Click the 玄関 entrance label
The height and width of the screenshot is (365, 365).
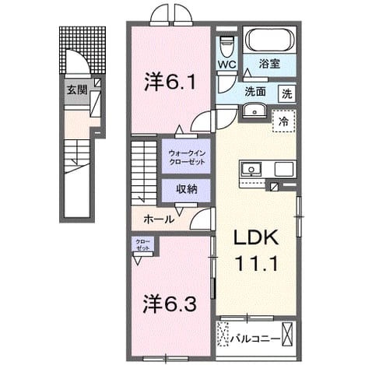[x=77, y=90]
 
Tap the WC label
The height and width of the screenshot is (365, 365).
[x=226, y=65]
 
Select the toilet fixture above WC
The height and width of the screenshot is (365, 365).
[x=227, y=46]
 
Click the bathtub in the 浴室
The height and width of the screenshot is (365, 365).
[x=270, y=40]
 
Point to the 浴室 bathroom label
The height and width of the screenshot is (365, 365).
[x=270, y=64]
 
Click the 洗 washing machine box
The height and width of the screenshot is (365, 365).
[x=287, y=93]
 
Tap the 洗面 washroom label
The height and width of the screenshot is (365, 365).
[x=255, y=92]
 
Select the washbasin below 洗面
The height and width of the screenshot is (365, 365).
[x=254, y=111]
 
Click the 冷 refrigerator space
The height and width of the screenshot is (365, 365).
[x=283, y=121]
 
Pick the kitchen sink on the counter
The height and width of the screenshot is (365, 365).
[x=251, y=169]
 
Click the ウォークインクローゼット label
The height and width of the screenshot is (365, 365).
[x=187, y=157]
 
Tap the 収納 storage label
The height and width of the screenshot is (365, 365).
[x=187, y=189]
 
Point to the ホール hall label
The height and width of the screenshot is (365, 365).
[x=159, y=219]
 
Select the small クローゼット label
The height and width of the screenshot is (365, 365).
[x=142, y=245]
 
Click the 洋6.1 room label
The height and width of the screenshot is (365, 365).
[x=170, y=81]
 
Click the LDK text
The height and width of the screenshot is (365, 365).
[x=256, y=237]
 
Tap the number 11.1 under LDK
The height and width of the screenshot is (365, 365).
[x=256, y=263]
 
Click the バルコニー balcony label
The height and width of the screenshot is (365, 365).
[x=256, y=339]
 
